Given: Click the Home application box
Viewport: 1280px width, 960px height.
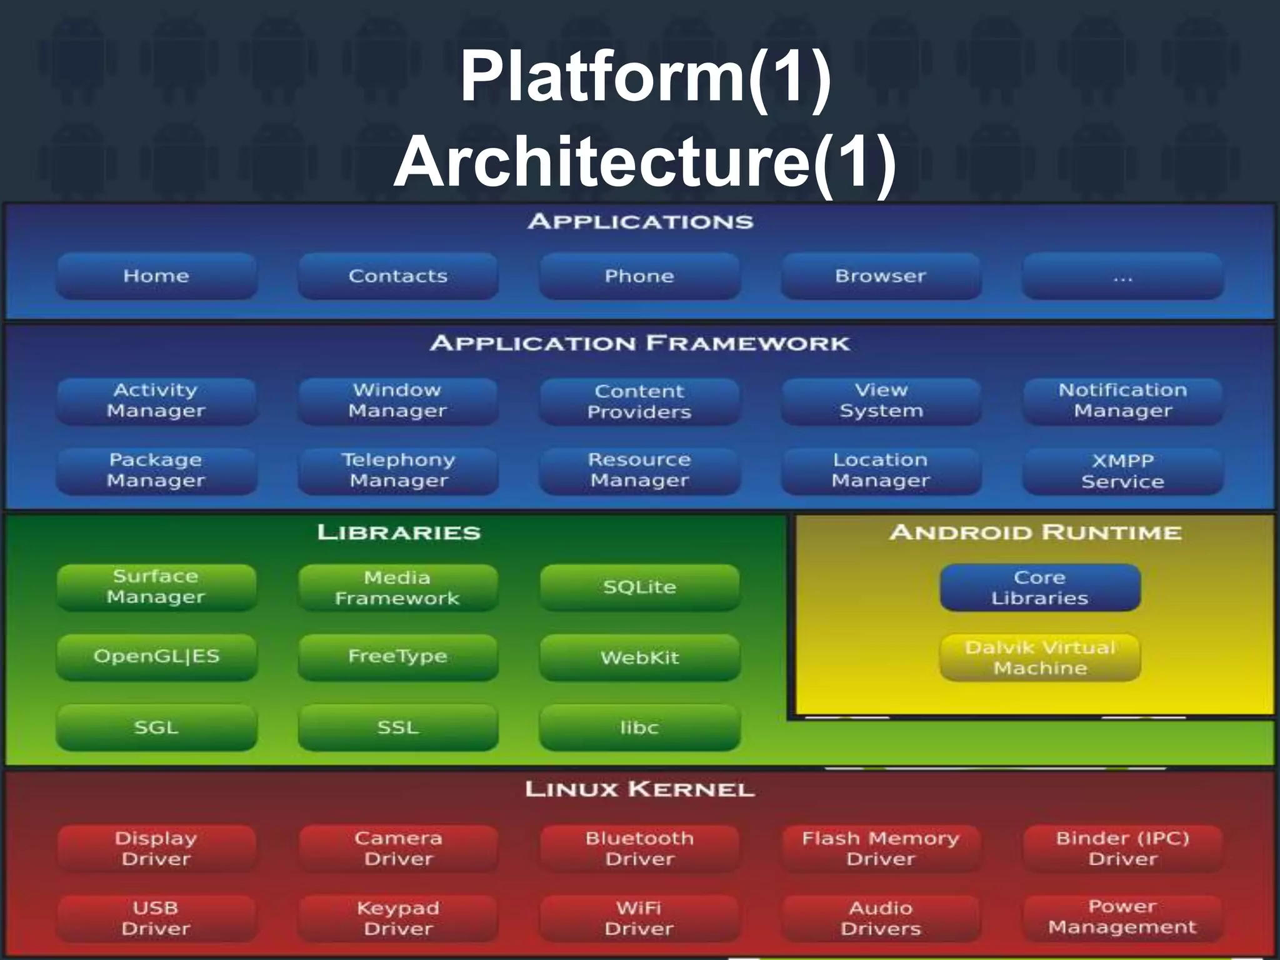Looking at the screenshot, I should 156,276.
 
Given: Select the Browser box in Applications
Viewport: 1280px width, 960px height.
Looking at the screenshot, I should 881,276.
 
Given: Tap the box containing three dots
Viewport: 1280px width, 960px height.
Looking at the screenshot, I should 1122,276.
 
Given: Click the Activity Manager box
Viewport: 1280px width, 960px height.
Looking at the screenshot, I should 156,401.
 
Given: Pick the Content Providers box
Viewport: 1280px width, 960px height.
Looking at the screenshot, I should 639,401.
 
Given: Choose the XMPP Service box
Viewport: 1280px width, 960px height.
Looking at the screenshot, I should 1122,471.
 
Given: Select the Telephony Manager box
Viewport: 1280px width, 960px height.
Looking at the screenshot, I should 398,471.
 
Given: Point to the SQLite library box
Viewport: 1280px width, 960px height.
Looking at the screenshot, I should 639,587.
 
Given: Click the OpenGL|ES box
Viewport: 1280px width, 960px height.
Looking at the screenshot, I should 156,657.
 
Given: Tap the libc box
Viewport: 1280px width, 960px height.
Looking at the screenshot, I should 639,727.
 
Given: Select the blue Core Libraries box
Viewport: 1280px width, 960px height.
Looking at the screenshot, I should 1040,587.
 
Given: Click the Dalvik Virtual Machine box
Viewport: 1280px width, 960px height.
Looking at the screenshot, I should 1040,657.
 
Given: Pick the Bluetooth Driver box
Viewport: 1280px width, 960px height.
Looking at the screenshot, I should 639,848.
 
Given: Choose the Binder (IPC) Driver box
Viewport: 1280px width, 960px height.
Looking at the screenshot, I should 1122,848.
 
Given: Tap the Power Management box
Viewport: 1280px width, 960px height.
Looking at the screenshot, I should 1122,917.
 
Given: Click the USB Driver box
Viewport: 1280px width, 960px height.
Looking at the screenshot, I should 156,918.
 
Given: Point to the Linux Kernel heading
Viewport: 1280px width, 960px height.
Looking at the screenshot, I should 639,789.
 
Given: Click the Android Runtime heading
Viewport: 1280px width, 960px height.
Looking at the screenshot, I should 1036,532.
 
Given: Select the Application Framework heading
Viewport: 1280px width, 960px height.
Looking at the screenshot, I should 639,343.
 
